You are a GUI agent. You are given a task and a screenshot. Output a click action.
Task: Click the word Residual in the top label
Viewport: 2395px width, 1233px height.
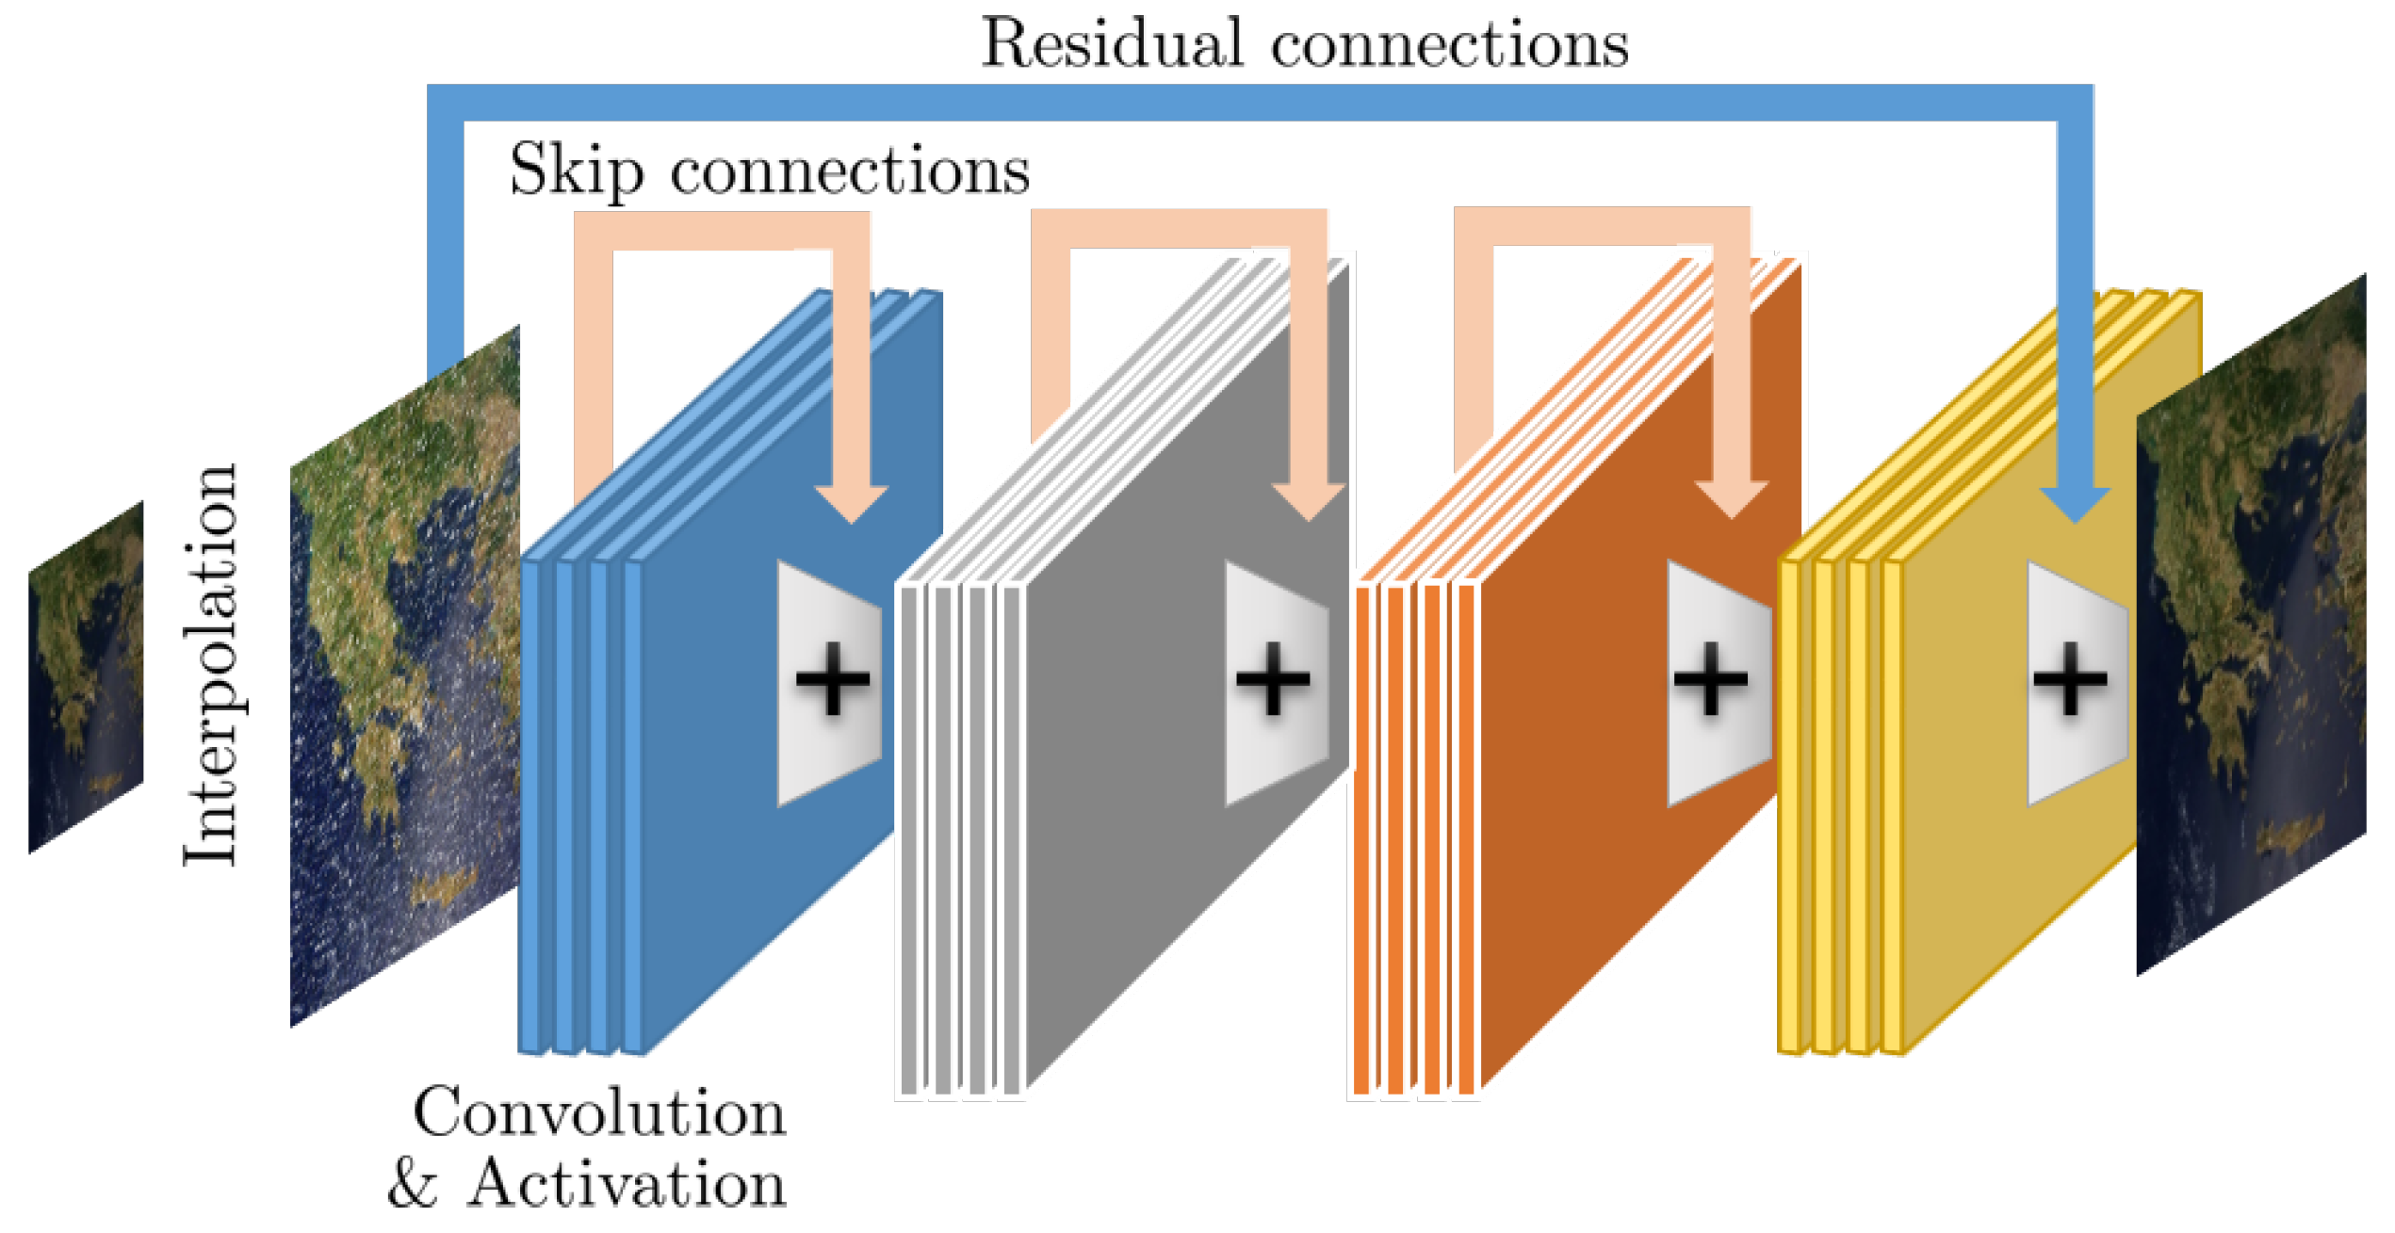coord(1112,43)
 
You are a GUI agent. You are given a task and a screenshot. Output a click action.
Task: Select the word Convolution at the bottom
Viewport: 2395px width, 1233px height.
coord(599,1113)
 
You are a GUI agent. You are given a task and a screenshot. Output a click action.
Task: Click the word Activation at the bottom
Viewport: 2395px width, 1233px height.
coord(627,1184)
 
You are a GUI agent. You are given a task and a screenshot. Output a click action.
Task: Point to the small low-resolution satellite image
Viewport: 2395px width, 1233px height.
coord(86,677)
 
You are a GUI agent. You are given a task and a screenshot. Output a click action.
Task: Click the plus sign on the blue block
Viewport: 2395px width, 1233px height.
coord(833,678)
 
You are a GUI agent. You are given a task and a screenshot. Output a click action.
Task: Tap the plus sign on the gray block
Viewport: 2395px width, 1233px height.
coord(1273,678)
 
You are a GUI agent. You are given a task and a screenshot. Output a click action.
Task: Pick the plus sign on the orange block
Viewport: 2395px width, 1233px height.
coord(1711,678)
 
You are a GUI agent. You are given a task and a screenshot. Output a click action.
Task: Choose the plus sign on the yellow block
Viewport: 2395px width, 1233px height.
coord(2070,678)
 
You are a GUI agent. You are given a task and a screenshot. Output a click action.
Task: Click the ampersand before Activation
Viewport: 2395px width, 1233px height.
coord(413,1184)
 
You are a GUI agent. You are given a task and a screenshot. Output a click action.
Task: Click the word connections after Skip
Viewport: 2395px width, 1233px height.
coord(850,171)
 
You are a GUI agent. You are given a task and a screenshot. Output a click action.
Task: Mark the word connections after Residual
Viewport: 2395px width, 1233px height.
coord(1449,45)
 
